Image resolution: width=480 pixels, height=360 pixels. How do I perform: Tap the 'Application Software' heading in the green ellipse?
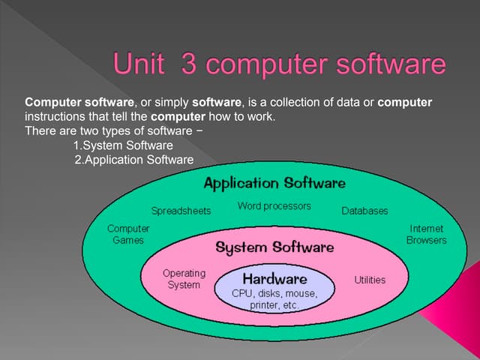click(x=274, y=183)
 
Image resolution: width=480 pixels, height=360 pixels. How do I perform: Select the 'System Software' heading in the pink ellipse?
click(x=274, y=247)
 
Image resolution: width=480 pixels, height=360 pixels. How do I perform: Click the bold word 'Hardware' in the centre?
click(x=274, y=278)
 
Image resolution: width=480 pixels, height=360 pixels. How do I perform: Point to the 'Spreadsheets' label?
click(x=181, y=211)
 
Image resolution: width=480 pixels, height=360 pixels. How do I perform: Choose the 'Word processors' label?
click(x=274, y=205)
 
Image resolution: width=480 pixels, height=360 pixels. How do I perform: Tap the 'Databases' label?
click(x=364, y=211)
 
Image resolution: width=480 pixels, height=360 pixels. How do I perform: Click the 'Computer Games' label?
click(x=127, y=234)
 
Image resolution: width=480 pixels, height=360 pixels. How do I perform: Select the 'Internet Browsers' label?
click(x=426, y=234)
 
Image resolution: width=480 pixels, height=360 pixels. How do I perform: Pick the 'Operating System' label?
click(x=183, y=279)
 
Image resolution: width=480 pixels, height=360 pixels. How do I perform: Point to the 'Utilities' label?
click(x=369, y=280)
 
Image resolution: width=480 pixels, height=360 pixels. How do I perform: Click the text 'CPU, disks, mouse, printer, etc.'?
click(x=274, y=299)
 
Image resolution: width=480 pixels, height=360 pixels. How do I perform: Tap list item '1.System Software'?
click(x=123, y=145)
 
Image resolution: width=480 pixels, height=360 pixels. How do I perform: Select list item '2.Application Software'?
click(x=134, y=160)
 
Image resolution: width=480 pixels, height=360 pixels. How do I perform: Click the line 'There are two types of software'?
click(x=109, y=131)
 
